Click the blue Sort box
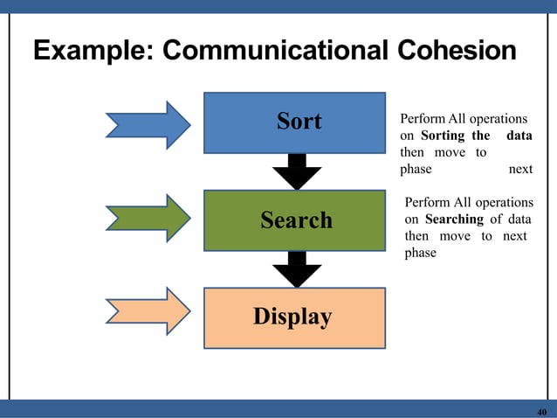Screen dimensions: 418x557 pyautogui.click(x=294, y=122)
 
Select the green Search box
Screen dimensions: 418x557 pyautogui.click(x=294, y=220)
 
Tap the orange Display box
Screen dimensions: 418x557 pyautogui.click(x=294, y=317)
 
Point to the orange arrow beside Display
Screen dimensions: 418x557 pyautogui.click(x=148, y=311)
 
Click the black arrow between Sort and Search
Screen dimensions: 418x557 pyautogui.click(x=297, y=171)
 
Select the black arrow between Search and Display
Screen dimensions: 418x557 pyautogui.click(x=297, y=269)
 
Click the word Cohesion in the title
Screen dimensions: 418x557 pyautogui.click(x=459, y=52)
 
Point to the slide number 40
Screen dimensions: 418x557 pyautogui.click(x=541, y=412)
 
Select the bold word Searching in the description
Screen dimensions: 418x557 pyautogui.click(x=454, y=219)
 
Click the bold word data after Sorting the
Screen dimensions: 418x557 pyautogui.click(x=519, y=136)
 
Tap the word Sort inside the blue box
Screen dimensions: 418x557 pyautogui.click(x=299, y=122)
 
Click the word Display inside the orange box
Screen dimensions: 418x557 pyautogui.click(x=292, y=317)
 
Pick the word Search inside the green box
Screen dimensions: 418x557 pyautogui.click(x=296, y=220)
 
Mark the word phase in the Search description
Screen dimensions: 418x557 pyautogui.click(x=420, y=253)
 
